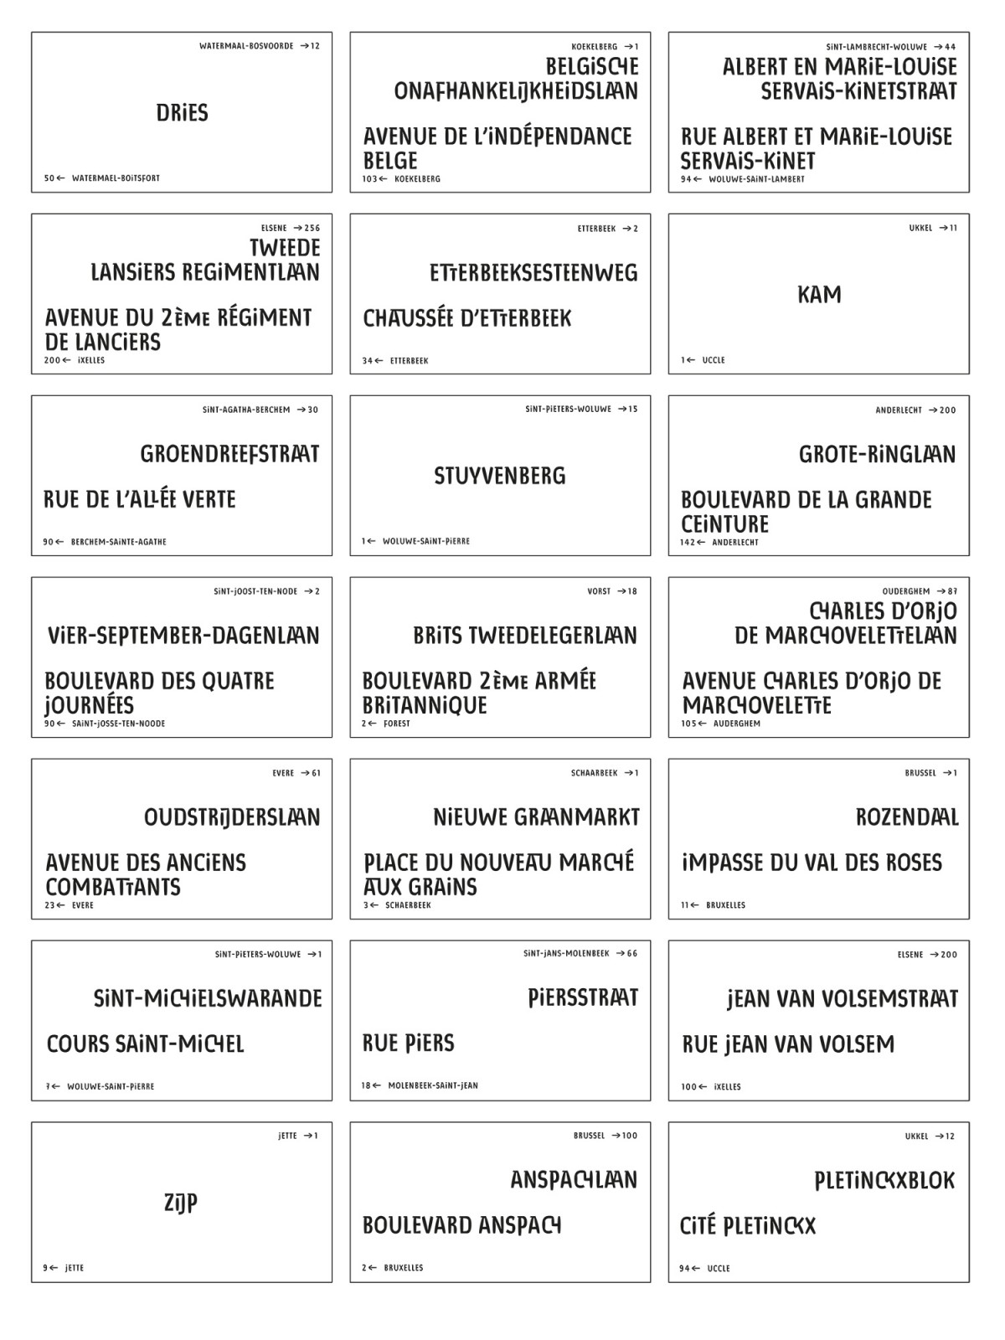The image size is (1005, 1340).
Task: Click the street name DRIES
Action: tap(182, 113)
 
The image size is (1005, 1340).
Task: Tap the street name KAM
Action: tap(819, 295)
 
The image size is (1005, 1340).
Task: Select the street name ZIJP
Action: tap(181, 1203)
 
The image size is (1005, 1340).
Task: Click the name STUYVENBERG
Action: tap(500, 476)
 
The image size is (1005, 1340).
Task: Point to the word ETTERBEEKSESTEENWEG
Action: tap(533, 273)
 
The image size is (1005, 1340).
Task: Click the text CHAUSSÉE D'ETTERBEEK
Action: tap(467, 318)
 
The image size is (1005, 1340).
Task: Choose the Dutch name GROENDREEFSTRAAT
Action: tap(229, 454)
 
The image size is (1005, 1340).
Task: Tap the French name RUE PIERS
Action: tap(409, 1044)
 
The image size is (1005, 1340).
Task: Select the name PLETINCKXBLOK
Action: tap(884, 1181)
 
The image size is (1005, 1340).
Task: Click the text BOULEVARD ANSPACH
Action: tap(462, 1225)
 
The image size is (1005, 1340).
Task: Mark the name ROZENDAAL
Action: tap(907, 817)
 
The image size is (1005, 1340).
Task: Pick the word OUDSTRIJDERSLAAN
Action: tap(232, 817)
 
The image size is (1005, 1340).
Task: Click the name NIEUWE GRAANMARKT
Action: tap(536, 817)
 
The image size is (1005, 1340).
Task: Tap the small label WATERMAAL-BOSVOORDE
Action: tap(246, 46)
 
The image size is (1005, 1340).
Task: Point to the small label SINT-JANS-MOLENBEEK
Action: tap(566, 953)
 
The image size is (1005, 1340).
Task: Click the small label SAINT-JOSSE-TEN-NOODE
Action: tap(118, 724)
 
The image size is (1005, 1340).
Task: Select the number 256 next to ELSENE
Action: tap(312, 228)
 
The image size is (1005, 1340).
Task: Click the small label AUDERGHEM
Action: tap(737, 724)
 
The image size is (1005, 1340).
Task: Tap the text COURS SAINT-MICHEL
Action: tap(146, 1044)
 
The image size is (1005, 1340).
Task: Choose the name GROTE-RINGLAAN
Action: tap(877, 455)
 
